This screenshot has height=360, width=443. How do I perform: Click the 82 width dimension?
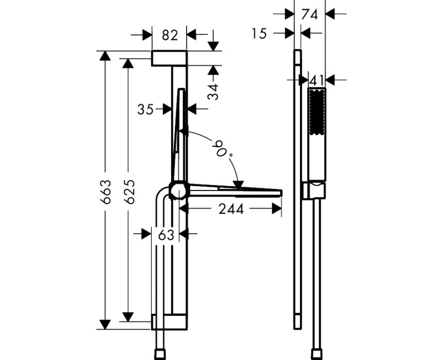[169, 35]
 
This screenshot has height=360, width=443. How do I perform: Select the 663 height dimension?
[106, 191]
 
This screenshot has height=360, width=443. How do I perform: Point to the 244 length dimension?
[229, 209]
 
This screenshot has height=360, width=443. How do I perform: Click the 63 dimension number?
[166, 234]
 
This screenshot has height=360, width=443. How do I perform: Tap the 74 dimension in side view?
[311, 14]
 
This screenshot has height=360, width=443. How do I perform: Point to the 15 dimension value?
[259, 34]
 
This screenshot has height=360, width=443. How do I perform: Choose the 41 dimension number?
[316, 80]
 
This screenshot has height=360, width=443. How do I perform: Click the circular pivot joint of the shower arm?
[178, 191]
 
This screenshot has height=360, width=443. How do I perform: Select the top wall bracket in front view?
[169, 58]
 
